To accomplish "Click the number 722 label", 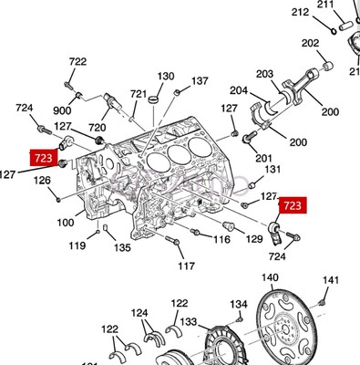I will [x=77, y=61].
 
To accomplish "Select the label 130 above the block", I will [x=165, y=76].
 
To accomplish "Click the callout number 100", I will [x=67, y=222].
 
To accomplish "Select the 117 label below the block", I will [x=186, y=266].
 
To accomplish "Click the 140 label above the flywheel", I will [x=271, y=277].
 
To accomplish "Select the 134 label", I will [x=238, y=304].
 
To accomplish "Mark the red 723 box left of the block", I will [x=43, y=158].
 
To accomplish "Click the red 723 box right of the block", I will [x=293, y=206].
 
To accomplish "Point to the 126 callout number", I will [x=42, y=180].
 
